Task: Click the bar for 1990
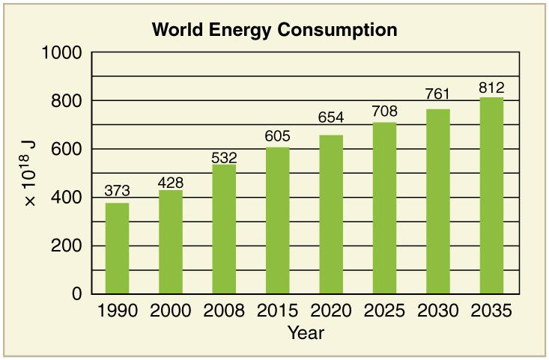point(117,248)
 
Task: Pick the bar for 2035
point(491,195)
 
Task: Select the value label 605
point(277,137)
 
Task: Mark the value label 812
point(491,88)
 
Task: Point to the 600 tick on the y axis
point(66,150)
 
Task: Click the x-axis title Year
point(306,333)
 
